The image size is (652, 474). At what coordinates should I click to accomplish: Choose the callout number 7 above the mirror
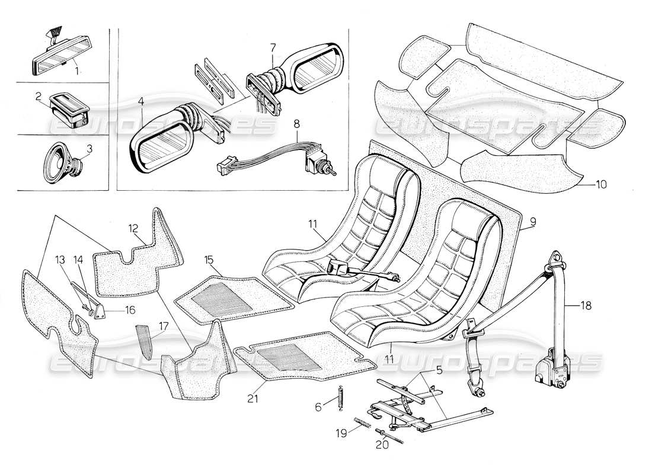[272, 46]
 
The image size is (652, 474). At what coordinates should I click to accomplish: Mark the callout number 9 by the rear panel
[532, 222]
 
